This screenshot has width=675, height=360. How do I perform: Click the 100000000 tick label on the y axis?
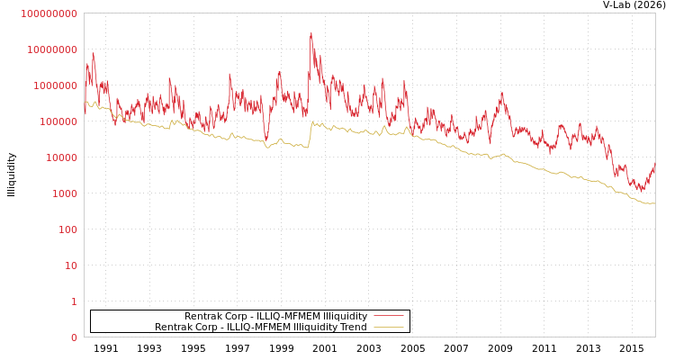[x=49, y=13]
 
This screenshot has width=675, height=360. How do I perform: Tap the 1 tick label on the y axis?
[x=74, y=301]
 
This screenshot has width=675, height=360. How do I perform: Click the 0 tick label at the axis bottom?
[x=74, y=337]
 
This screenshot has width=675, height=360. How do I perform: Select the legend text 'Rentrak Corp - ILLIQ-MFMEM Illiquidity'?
[x=275, y=316]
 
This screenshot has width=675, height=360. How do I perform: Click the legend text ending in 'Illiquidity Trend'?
[x=260, y=327]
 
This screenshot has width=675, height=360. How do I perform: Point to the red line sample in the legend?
[x=388, y=316]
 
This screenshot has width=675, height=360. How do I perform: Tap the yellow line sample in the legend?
[x=388, y=327]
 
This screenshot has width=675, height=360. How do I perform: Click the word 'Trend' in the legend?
[x=354, y=327]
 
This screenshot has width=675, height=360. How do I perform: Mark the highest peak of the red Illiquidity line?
[x=311, y=34]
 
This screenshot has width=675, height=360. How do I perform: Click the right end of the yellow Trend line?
[x=654, y=203]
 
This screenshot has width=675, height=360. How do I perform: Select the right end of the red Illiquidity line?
[x=654, y=165]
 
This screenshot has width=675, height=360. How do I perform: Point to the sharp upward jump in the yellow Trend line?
[x=310, y=133]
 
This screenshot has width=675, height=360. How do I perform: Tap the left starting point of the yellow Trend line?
[x=85, y=102]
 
